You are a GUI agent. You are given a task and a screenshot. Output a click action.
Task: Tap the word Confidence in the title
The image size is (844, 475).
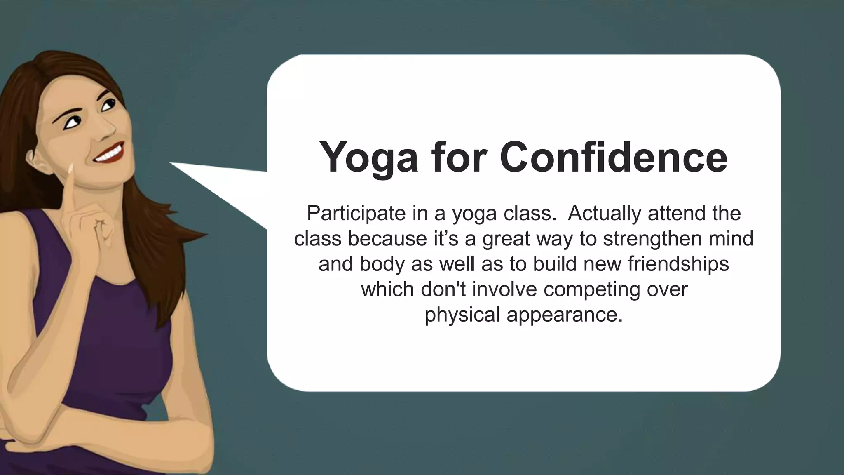tap(614, 158)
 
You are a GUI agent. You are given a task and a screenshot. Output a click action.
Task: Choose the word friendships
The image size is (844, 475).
tap(678, 264)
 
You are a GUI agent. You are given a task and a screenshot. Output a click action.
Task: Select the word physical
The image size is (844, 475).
tap(462, 315)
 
